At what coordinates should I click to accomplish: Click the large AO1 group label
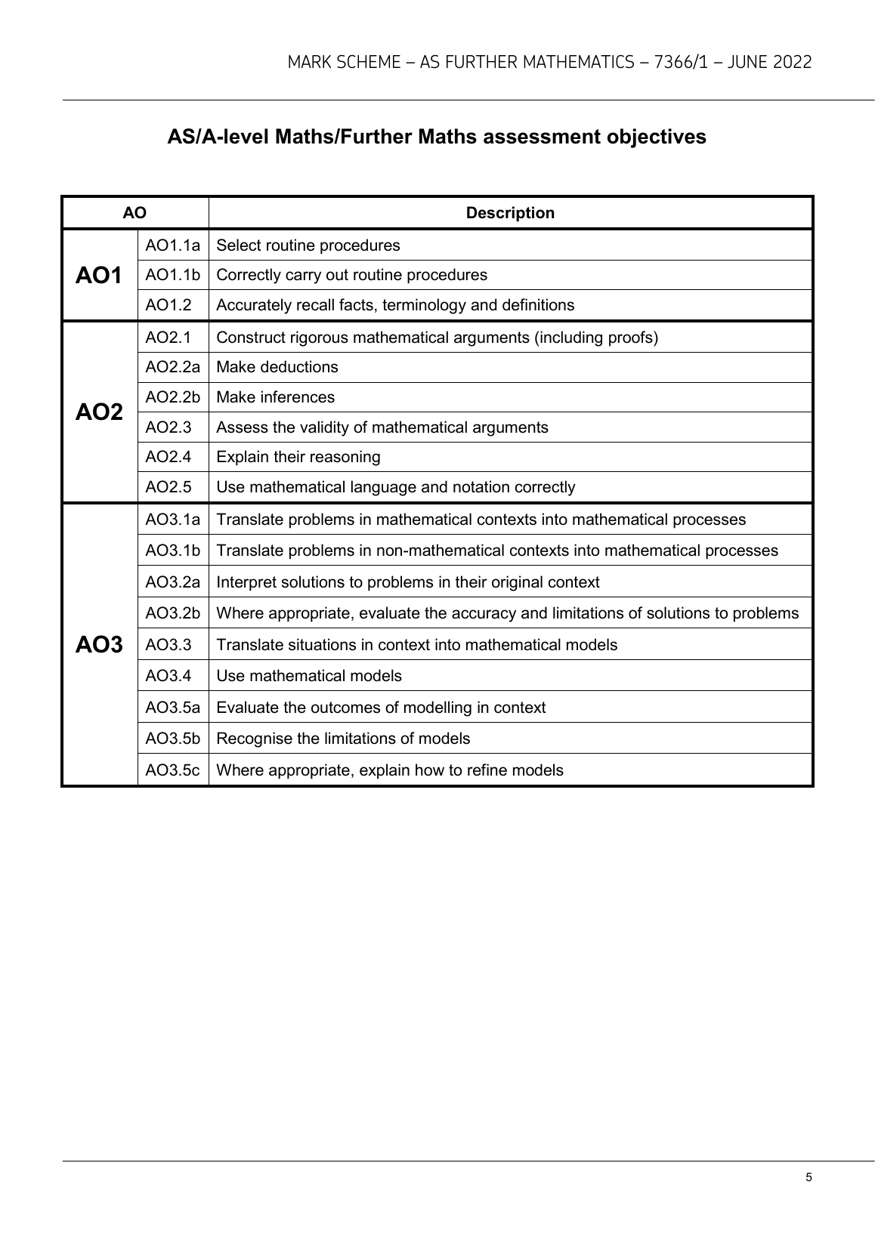(99, 276)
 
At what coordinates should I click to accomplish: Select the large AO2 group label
(99, 412)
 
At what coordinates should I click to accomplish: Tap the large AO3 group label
(99, 645)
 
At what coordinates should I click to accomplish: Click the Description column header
(510, 213)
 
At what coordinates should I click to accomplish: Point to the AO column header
(134, 213)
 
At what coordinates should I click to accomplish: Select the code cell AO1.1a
(173, 245)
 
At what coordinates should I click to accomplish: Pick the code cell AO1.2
(169, 305)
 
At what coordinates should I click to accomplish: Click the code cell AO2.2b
(173, 397)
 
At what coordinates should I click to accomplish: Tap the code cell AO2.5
(169, 487)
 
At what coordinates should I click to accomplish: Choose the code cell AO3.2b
(173, 613)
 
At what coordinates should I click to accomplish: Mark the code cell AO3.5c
(173, 770)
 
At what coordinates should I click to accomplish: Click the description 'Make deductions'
(277, 367)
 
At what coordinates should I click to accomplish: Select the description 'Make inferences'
(275, 397)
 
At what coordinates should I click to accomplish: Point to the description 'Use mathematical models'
(309, 676)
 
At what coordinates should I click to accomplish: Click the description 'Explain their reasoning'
(298, 457)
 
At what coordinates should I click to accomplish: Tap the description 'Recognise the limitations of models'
(343, 739)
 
